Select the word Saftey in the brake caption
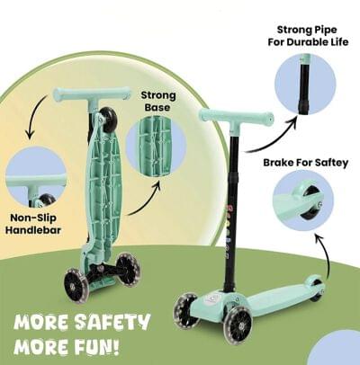tap(331, 163)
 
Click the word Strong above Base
tap(158, 95)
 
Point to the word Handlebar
tap(33, 230)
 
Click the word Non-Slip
tap(33, 218)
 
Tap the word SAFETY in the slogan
tap(112, 323)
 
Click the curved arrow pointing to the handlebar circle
tap(34, 114)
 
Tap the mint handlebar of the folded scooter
tap(93, 94)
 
